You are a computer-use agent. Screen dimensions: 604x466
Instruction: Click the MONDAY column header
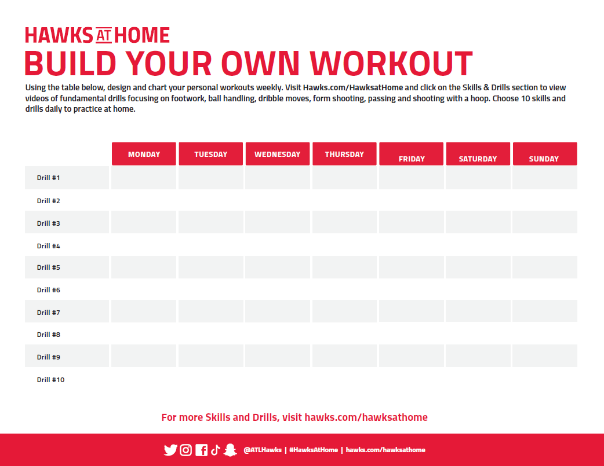[144, 154]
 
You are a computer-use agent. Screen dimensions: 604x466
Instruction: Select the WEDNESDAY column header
[277, 154]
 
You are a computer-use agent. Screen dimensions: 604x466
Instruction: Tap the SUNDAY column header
[545, 154]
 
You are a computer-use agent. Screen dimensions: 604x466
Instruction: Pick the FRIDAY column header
[411, 154]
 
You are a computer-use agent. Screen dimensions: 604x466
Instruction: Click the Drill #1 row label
[48, 178]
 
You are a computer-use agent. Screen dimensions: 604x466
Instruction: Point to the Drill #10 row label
[50, 380]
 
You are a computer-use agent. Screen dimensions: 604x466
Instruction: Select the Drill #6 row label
[48, 290]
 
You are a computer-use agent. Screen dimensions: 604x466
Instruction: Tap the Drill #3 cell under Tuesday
[211, 222]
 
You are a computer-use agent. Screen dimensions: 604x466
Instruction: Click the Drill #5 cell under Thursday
[344, 267]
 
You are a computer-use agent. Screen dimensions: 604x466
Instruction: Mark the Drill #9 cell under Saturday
[478, 355]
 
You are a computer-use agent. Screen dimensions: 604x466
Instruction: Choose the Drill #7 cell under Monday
[144, 311]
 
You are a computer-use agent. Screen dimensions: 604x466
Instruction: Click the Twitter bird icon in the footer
[170, 450]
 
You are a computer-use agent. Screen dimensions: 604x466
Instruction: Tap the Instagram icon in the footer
[185, 450]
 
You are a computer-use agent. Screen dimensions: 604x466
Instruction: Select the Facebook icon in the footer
[201, 450]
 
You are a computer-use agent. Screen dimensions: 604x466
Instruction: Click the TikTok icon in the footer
[215, 450]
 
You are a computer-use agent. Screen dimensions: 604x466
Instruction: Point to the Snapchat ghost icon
[230, 450]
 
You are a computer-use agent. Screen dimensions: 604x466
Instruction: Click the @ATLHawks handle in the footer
[263, 450]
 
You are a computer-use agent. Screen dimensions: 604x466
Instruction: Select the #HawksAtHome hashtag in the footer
[314, 450]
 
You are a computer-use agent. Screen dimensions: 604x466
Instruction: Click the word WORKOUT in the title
[391, 63]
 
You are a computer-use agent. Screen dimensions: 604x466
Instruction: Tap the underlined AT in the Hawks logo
[104, 35]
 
